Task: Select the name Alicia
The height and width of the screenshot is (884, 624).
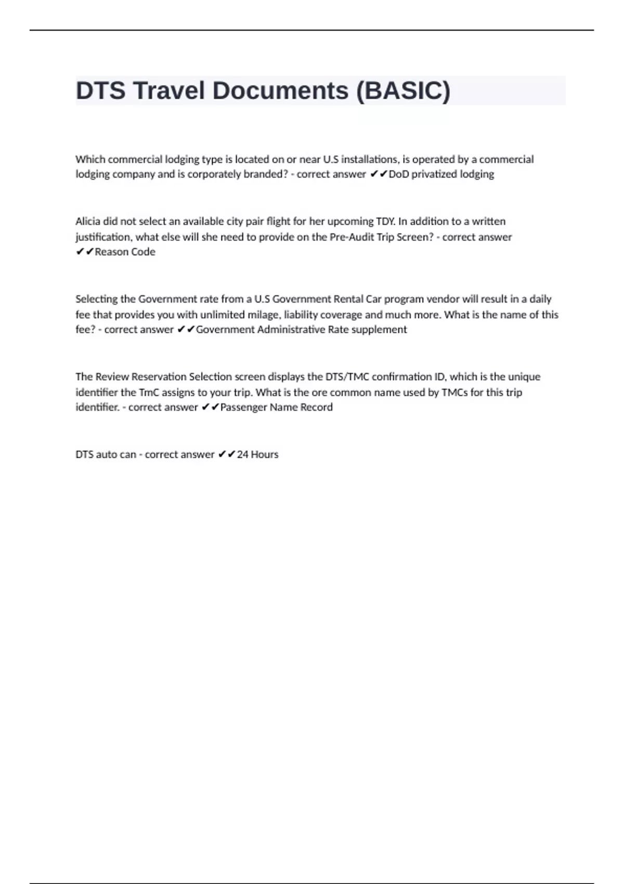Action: click(87, 222)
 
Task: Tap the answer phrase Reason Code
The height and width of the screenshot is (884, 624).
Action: click(125, 252)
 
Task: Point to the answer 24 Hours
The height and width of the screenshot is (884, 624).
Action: click(257, 454)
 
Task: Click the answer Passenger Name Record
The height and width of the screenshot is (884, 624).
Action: click(276, 407)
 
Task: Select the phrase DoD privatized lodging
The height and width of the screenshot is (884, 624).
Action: click(441, 174)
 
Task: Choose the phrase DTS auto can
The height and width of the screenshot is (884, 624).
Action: click(106, 454)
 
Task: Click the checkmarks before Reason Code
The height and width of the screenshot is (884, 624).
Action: click(85, 252)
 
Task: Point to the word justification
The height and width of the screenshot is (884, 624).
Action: click(103, 237)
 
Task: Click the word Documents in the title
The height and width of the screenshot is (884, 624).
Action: click(280, 90)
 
